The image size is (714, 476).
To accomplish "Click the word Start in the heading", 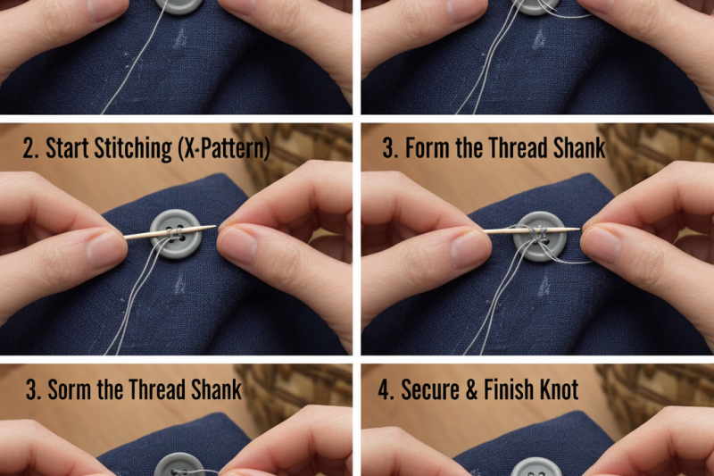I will tap(69, 147).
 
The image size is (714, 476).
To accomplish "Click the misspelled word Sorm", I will tap(69, 389).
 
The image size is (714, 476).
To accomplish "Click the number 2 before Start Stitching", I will tap(29, 147).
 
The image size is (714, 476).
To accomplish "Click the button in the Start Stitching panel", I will tap(175, 234).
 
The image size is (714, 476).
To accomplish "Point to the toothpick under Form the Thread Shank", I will tap(500, 230).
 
